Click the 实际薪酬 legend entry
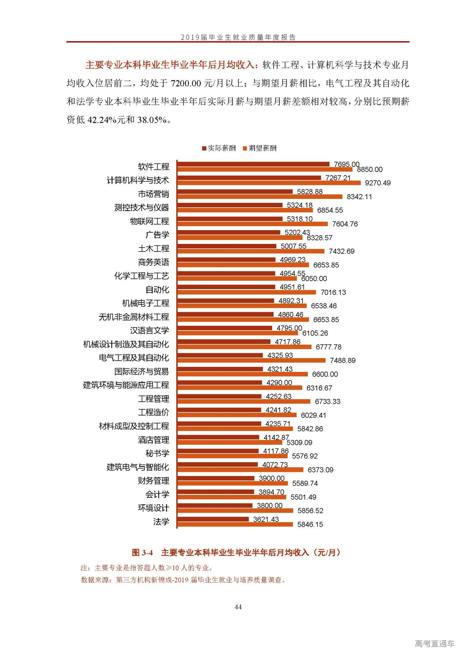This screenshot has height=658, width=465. click(219, 148)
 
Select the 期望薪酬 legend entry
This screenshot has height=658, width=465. click(260, 148)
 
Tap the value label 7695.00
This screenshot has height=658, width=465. click(347, 164)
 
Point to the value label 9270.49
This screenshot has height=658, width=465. click(378, 183)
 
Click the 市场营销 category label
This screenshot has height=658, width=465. click(153, 194)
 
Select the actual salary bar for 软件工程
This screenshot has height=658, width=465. click(253, 164)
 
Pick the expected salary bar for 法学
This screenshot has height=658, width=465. click(235, 524)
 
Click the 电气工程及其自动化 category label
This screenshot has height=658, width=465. click(134, 358)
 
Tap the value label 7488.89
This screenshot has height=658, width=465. click(343, 361)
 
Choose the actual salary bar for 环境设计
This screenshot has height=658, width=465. click(215, 506)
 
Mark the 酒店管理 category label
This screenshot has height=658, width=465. click(153, 440)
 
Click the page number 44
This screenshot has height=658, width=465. click(238, 607)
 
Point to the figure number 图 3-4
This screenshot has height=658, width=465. click(142, 553)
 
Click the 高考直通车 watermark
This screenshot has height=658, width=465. click(434, 644)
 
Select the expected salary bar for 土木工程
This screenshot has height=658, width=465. click(251, 251)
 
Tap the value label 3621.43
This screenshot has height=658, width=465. click(266, 519)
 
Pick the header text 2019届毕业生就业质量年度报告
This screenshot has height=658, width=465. click(238, 37)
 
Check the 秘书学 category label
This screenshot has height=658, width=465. click(157, 454)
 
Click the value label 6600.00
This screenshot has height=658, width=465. click(325, 374)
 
